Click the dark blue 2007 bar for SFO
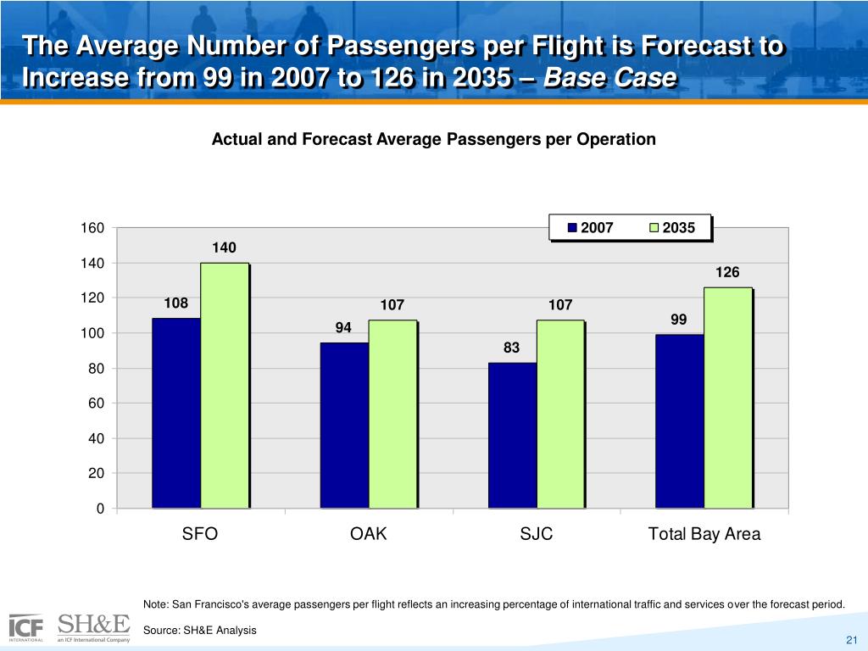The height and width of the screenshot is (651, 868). [176, 413]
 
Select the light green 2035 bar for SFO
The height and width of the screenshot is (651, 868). [225, 386]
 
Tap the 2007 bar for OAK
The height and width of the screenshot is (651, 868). [344, 425]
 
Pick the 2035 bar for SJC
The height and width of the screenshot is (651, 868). [560, 414]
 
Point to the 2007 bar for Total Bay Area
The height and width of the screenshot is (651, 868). [680, 421]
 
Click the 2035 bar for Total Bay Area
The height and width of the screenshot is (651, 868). [728, 398]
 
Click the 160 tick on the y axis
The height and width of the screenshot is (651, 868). [93, 228]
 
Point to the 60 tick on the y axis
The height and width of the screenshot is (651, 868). [97, 403]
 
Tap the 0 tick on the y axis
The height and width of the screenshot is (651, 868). [100, 509]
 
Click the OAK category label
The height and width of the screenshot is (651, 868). [368, 534]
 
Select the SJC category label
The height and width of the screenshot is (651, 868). [536, 534]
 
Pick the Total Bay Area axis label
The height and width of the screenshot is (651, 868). [704, 534]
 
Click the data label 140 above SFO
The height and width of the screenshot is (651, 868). [225, 248]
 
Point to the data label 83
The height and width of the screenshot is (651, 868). [511, 348]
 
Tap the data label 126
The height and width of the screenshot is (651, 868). [728, 272]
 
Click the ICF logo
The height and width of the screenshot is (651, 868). [26, 627]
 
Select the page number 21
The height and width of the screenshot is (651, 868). [853, 638]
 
